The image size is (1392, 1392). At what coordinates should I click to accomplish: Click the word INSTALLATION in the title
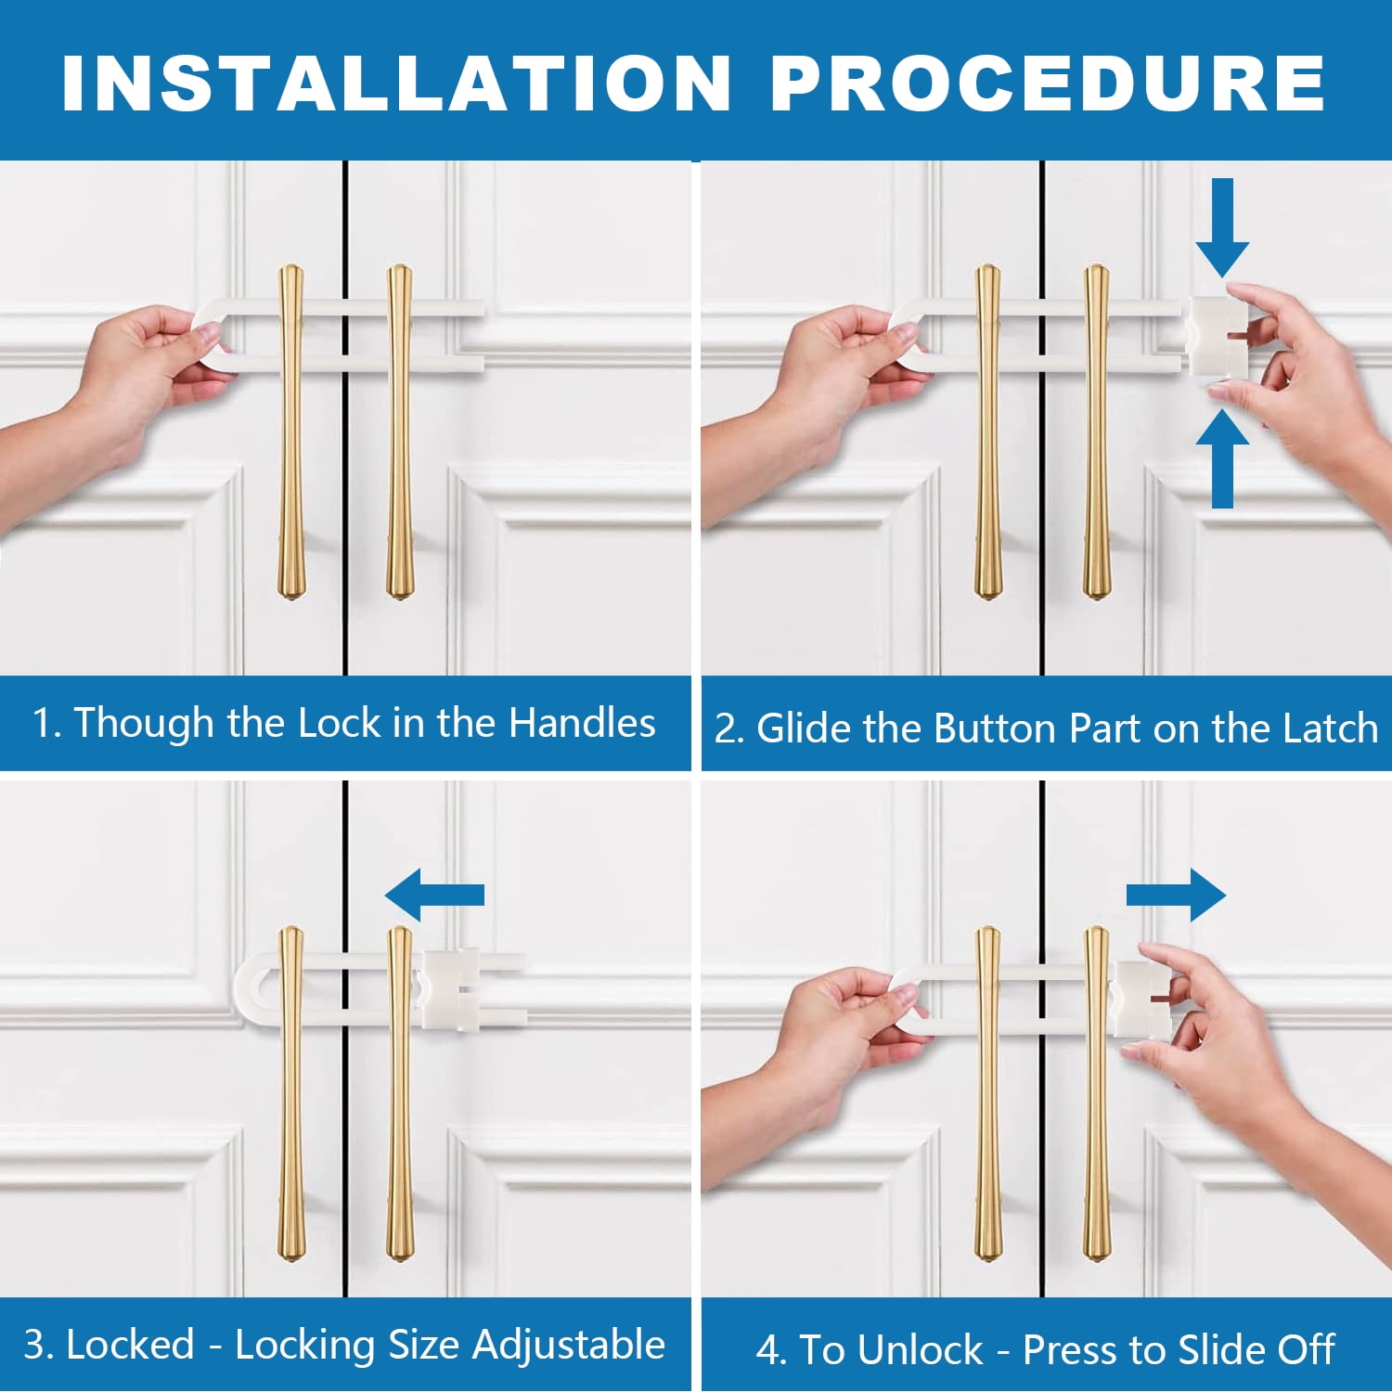[397, 84]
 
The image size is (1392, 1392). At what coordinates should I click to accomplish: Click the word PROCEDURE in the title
[1049, 84]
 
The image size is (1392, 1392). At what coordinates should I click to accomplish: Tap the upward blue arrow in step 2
[1222, 458]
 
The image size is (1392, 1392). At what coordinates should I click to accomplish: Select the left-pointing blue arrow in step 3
[434, 895]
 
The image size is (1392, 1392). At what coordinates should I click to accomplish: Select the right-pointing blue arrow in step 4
[1176, 895]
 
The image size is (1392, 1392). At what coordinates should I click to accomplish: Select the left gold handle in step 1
[291, 432]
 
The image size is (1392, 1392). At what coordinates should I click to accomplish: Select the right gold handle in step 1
[400, 432]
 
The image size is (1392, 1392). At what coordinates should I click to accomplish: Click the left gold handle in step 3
[291, 1093]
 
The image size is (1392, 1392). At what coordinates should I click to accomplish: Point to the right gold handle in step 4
[1097, 1093]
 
